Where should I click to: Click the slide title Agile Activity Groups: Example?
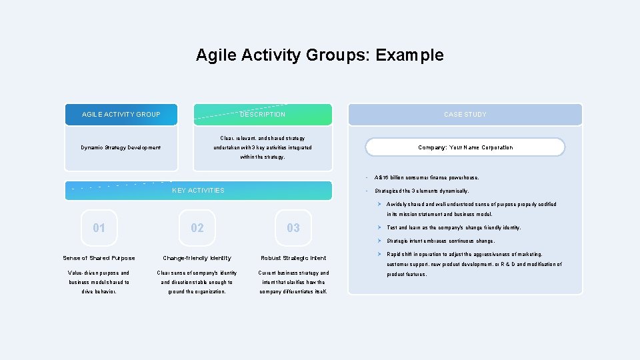coord(319,55)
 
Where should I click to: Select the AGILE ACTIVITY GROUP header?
coord(121,115)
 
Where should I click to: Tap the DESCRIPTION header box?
coord(263,115)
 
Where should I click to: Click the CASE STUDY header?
coord(465,115)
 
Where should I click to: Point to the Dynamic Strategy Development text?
coord(121,147)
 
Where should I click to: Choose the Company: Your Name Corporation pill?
coord(465,147)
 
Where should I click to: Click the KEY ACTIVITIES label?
coord(198,191)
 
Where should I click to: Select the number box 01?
coord(99,228)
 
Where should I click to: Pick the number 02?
coord(197,228)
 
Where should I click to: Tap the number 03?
coord(293,228)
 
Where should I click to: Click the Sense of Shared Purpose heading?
coord(99,258)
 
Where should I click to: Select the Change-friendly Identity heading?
coord(197,258)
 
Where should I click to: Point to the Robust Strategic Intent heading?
coord(293,258)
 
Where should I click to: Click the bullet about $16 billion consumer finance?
coord(427,178)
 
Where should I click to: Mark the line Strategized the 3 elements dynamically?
coord(421,191)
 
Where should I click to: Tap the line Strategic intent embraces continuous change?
coord(441,241)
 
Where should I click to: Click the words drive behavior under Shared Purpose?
coord(99,291)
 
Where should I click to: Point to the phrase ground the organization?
coord(197,291)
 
